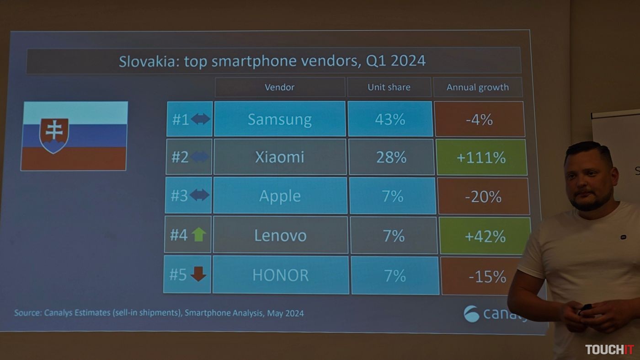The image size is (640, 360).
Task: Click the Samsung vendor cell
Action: coord(279,119)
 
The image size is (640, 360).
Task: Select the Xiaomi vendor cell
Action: coord(279,157)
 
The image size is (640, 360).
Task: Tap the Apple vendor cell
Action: coord(280,196)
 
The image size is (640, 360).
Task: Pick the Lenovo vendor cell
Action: coord(280,235)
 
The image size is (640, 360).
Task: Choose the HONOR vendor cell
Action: coord(280,275)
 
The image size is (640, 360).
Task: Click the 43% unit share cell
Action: coord(390,119)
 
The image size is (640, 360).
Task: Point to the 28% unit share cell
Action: coord(391,157)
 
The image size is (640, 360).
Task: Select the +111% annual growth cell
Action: coord(481,158)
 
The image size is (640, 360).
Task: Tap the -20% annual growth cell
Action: coord(483,197)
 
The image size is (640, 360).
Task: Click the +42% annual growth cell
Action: coord(485,236)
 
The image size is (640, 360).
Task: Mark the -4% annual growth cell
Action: coord(479,119)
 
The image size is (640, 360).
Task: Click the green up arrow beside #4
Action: coord(198,235)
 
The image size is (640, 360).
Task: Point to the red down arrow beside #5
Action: coord(198,274)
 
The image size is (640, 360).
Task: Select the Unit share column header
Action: coord(389,87)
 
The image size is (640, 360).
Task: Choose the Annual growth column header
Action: coord(477,87)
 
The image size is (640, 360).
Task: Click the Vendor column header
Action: coord(279,87)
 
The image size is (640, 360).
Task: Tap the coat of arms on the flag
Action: coord(54,134)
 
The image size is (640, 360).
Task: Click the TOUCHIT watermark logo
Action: coord(609,349)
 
